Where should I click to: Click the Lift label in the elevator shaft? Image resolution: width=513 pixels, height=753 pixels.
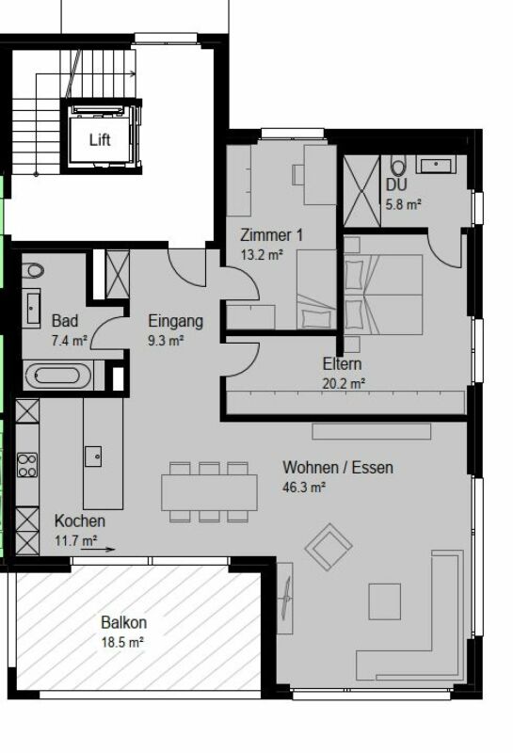(100, 139)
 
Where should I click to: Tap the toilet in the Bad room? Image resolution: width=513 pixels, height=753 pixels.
(33, 270)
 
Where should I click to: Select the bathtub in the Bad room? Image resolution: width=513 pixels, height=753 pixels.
(57, 376)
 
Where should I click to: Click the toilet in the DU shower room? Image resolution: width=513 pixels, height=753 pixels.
(398, 166)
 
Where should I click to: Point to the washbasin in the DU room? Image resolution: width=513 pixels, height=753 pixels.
(436, 164)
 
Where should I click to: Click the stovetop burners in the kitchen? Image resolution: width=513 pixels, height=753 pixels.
(27, 465)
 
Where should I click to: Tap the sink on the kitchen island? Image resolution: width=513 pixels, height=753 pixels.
(93, 456)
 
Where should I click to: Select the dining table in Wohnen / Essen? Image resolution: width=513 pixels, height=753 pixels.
(209, 492)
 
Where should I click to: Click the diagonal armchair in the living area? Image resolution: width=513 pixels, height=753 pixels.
(329, 547)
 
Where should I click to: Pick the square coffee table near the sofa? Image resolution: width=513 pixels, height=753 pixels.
(384, 601)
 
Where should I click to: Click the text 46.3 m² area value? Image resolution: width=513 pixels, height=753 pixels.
(304, 488)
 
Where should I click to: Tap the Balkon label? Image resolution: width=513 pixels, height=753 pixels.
(123, 622)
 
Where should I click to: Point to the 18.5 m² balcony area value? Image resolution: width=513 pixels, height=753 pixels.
(122, 642)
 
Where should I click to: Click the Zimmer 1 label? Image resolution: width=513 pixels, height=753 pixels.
(271, 235)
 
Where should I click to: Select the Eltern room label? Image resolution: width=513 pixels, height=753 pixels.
(342, 363)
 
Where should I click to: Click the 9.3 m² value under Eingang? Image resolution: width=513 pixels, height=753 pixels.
(166, 341)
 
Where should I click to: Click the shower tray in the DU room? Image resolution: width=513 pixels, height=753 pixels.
(362, 191)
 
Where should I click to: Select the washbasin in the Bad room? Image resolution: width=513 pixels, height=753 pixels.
(32, 308)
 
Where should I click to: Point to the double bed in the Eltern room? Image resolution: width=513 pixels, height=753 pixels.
(383, 295)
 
